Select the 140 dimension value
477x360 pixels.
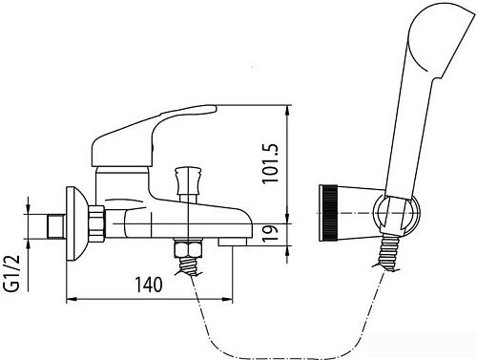click(149, 284)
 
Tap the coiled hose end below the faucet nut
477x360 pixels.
click(192, 265)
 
